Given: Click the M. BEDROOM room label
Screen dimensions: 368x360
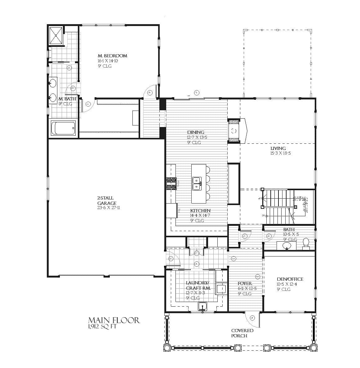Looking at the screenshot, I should click(113, 56).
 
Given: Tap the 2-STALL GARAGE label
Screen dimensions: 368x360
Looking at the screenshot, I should click(106, 200).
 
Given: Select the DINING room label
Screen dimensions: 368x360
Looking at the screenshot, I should click(196, 132).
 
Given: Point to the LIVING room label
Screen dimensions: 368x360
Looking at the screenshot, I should click(278, 148).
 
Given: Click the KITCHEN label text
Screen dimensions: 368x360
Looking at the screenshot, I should click(200, 211).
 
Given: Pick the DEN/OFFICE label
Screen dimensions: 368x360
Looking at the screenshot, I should click(290, 279).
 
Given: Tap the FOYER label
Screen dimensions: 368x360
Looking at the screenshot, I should click(245, 283).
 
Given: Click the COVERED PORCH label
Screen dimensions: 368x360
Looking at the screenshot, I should click(242, 333).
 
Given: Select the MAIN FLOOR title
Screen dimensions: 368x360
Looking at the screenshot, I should click(114, 320).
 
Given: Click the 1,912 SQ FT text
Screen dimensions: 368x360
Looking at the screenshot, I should click(102, 326).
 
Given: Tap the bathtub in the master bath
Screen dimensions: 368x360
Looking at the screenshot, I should click(63, 128).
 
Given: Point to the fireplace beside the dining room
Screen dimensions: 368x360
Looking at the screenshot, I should click(234, 131).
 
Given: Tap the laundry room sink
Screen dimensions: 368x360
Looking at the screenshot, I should click(202, 306).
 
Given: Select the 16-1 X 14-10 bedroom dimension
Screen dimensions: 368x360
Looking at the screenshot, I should click(108, 61).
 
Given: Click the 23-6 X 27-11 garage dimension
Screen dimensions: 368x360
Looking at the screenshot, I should click(108, 208).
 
